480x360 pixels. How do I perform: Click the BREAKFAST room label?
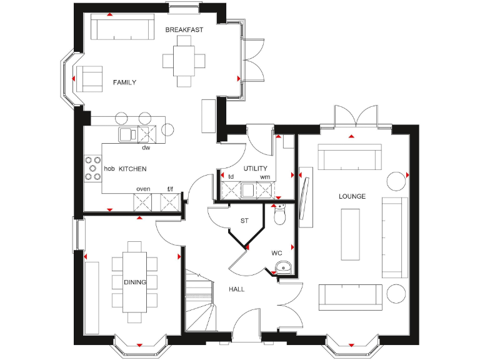point(184,29)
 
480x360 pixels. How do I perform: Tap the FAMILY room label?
point(124,82)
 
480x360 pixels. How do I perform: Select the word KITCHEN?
point(132,169)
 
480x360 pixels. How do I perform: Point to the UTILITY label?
point(256,168)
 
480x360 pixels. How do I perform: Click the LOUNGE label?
point(352,196)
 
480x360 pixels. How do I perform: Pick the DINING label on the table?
point(134,282)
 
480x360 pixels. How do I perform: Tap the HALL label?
point(236,289)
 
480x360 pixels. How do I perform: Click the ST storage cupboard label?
point(244,221)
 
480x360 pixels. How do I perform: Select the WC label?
point(276,253)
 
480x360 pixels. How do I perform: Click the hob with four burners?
point(93,168)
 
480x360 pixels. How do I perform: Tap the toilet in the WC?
point(280,215)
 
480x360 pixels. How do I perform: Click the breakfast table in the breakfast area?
point(184,61)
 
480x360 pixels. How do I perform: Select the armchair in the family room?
point(90,78)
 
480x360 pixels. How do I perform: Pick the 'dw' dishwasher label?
point(146,148)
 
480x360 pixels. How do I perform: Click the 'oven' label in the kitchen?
point(143,189)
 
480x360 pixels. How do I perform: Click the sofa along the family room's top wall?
point(122,28)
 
